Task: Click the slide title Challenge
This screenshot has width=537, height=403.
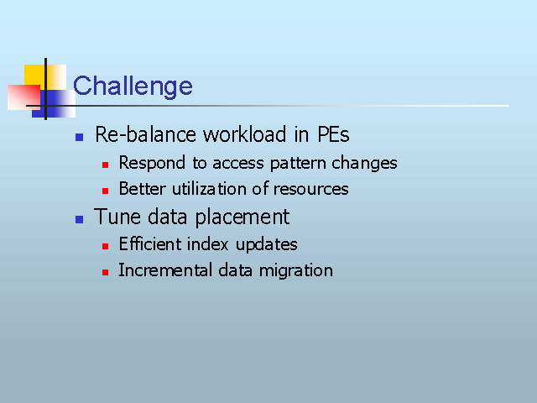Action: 133,86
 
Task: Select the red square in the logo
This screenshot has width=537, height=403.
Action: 24,97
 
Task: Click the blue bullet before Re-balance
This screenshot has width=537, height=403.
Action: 79,137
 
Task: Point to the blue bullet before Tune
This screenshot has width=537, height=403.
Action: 79,219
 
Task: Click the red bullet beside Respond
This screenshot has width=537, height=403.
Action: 105,165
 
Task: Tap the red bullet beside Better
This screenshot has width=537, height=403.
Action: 105,191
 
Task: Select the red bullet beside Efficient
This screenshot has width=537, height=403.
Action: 105,246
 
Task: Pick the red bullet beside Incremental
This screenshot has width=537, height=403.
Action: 105,272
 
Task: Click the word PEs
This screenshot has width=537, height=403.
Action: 333,134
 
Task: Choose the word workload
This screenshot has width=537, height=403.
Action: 244,134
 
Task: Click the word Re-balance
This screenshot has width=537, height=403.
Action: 145,134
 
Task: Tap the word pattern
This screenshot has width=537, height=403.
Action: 298,163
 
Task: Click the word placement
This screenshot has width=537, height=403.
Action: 242,217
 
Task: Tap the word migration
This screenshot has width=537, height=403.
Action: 296,270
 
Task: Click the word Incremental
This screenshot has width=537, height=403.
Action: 166,270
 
